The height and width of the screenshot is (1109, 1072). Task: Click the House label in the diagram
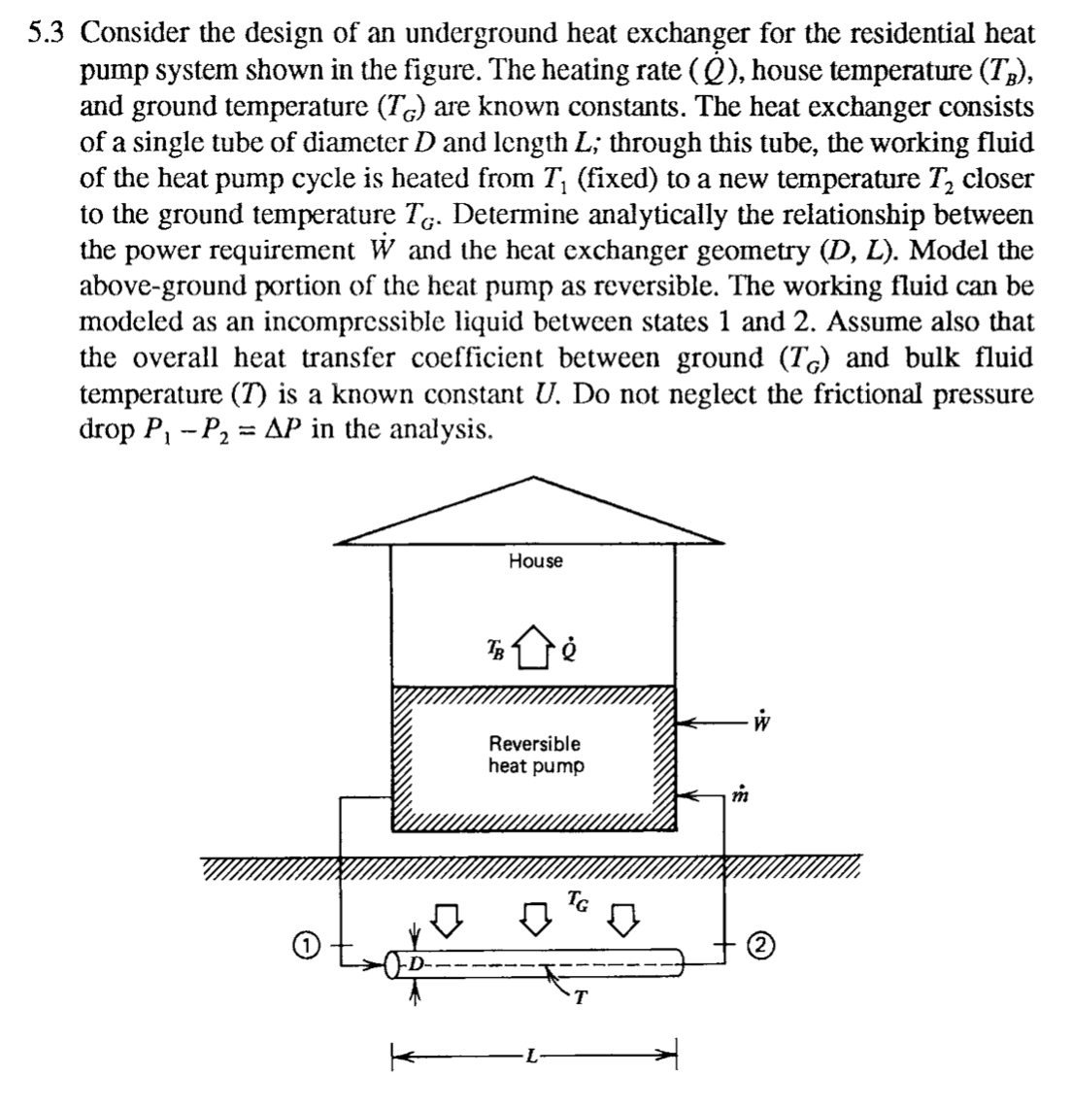point(535,561)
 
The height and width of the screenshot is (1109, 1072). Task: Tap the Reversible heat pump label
point(535,755)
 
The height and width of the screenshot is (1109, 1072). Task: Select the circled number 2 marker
point(759,944)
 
